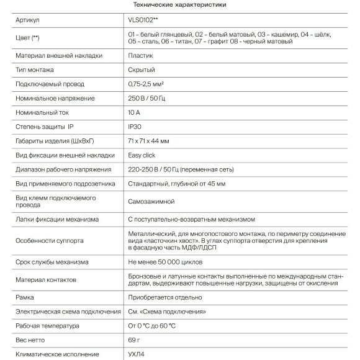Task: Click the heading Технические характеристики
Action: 180,5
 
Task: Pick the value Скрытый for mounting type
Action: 141,70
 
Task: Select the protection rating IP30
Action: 135,127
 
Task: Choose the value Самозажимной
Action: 151,201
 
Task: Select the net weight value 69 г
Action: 135,340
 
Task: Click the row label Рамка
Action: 25,297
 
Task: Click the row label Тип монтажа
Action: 36,70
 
